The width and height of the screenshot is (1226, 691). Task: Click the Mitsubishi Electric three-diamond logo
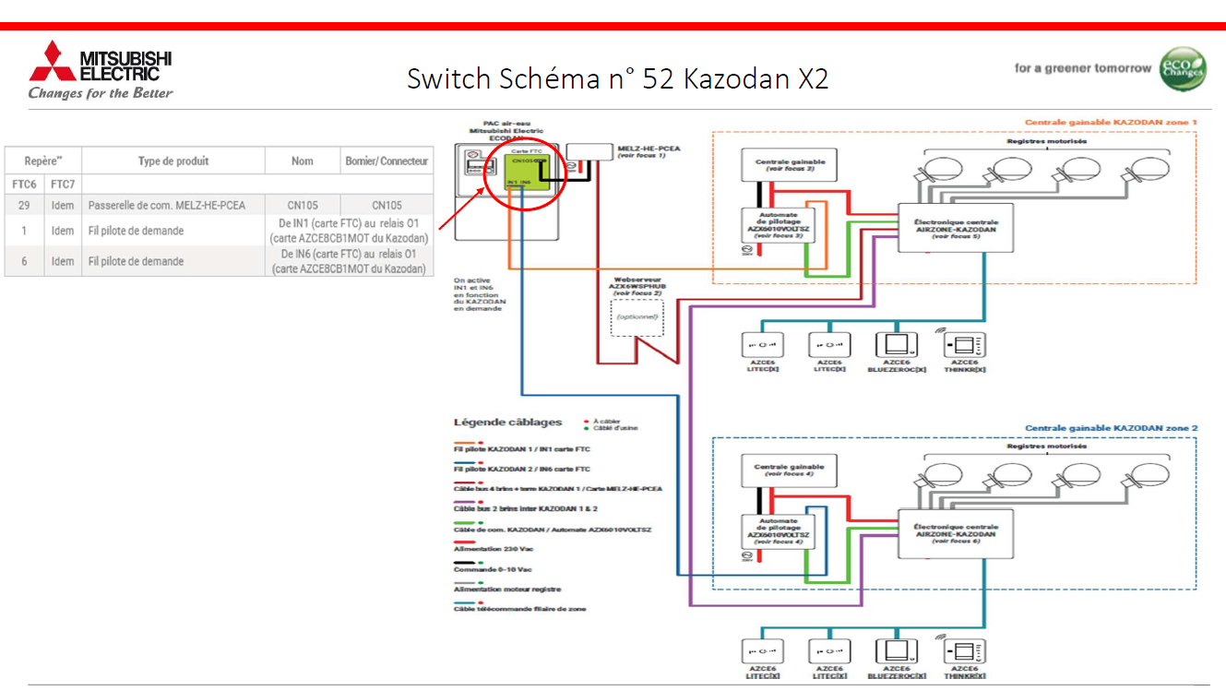(x=53, y=62)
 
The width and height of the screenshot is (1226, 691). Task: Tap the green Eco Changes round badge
(x=1182, y=68)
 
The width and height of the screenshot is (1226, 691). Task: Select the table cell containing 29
(x=24, y=205)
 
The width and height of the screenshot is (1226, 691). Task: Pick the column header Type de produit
(x=173, y=161)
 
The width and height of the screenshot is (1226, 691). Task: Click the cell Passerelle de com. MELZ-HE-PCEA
(x=167, y=205)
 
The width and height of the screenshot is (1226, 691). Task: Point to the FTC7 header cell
(x=63, y=185)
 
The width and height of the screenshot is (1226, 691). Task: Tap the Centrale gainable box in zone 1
(x=791, y=165)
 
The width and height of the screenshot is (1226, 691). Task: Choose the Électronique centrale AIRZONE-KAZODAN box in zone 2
(x=955, y=534)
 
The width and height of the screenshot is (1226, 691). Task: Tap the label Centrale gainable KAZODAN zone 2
(x=1111, y=428)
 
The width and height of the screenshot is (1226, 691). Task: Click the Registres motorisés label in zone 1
(x=1046, y=141)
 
